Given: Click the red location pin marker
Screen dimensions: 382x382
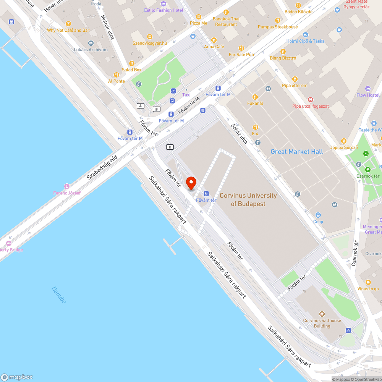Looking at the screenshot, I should click(x=191, y=183).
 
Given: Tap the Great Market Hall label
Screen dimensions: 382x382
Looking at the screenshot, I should click(x=296, y=152).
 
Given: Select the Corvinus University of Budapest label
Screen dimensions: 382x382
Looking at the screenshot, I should click(x=248, y=199).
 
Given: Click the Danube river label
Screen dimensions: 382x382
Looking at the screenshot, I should click(x=58, y=295).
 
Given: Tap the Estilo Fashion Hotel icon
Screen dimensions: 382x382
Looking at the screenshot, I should click(x=163, y=4).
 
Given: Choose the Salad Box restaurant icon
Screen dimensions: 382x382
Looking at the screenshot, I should click(x=132, y=63).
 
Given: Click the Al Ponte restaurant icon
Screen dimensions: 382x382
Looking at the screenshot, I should click(x=117, y=75).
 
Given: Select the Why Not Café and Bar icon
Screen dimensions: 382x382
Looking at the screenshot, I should click(x=68, y=24).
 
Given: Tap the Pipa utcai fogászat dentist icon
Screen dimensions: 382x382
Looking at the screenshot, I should click(x=310, y=99).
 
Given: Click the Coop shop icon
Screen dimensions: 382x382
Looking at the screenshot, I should click(x=318, y=215).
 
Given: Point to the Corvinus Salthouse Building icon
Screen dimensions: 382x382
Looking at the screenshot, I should click(x=322, y=314).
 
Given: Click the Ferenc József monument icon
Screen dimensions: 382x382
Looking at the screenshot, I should click(x=67, y=186).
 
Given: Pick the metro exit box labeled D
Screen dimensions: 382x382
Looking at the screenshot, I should click(x=170, y=147).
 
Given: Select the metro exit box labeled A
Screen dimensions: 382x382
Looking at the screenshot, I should click(x=141, y=105).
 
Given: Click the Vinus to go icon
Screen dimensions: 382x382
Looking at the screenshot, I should click(x=368, y=282).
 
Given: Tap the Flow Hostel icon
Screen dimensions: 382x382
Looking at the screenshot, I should click(x=368, y=89).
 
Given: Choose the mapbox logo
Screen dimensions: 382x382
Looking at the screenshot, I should click(x=17, y=377).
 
